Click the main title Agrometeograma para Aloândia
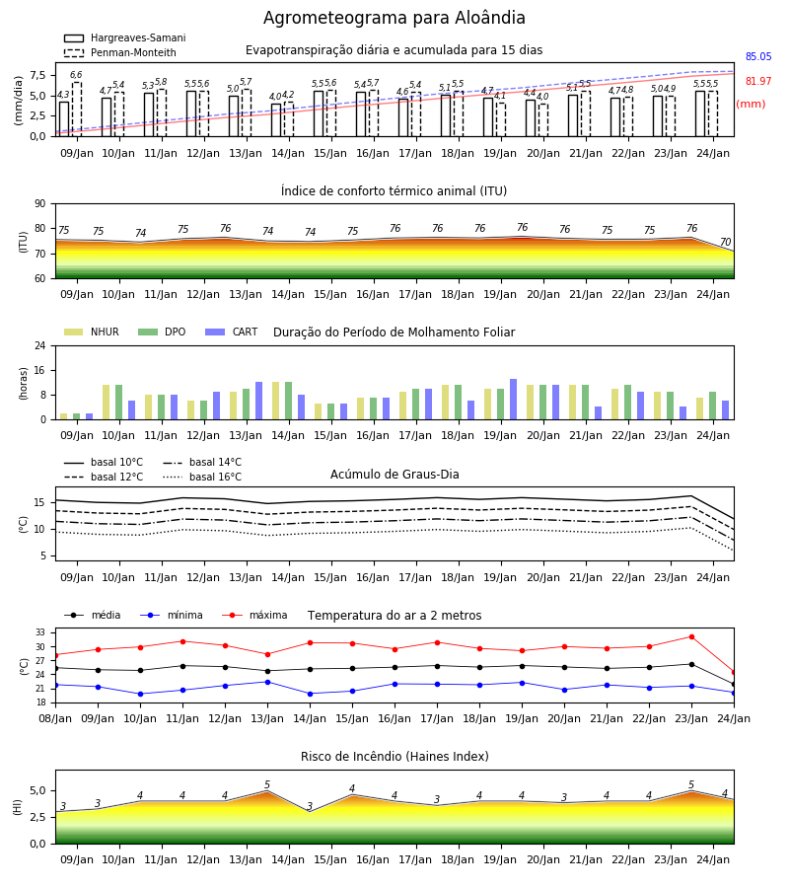coord(394,18)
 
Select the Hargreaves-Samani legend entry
coord(125,37)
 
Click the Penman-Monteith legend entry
coord(120,52)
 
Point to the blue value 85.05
coord(758,56)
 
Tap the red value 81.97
coord(758,81)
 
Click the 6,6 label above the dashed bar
coord(76,75)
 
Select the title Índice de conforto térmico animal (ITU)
coord(394,190)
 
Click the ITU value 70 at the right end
coord(725,242)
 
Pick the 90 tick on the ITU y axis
coord(40,204)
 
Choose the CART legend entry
coord(232,332)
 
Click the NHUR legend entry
coord(92,332)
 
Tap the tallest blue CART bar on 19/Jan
coord(514,400)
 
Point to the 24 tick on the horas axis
coord(40,345)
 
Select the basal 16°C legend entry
coord(202,477)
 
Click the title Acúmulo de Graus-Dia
coord(394,475)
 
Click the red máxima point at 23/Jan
coord(691,637)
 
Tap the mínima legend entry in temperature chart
coord(172,615)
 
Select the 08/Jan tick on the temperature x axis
coord(55,718)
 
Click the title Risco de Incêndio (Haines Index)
coord(394,757)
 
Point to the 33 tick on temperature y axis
coord(45,632)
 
